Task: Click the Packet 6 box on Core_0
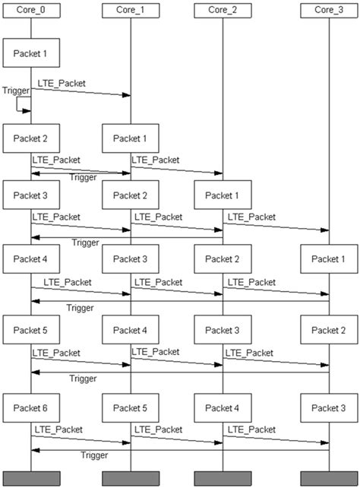(x=31, y=409)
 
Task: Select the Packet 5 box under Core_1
(x=131, y=409)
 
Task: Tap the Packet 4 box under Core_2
(x=222, y=409)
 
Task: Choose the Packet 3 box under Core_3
(x=329, y=409)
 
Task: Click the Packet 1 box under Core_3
(x=329, y=259)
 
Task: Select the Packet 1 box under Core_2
(x=222, y=195)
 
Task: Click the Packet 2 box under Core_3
(x=329, y=331)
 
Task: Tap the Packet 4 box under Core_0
(x=31, y=259)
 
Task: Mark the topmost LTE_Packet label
(x=57, y=81)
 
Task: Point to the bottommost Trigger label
(x=94, y=455)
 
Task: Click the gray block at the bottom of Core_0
(x=31, y=478)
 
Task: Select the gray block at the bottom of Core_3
(x=329, y=478)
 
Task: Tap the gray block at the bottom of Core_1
(x=131, y=478)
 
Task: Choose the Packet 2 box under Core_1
(x=131, y=195)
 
